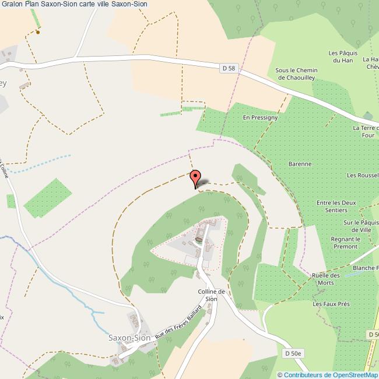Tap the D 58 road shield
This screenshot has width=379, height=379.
point(229,69)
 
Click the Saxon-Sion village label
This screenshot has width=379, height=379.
point(129,338)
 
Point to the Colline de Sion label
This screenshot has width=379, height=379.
point(211,295)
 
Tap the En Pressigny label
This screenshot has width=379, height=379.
point(260,117)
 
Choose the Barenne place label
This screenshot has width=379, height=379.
point(300,164)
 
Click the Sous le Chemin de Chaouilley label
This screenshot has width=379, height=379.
point(297,73)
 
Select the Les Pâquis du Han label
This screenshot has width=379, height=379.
point(342,56)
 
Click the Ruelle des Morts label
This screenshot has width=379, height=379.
point(326,279)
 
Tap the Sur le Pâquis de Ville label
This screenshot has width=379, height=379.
point(357,226)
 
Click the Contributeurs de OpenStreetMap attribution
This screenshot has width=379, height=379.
point(328,375)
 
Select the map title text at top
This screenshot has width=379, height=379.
point(75,4)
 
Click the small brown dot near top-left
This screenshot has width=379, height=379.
point(38,32)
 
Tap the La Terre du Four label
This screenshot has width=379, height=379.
point(366,131)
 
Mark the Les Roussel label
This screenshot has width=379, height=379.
point(362,175)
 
